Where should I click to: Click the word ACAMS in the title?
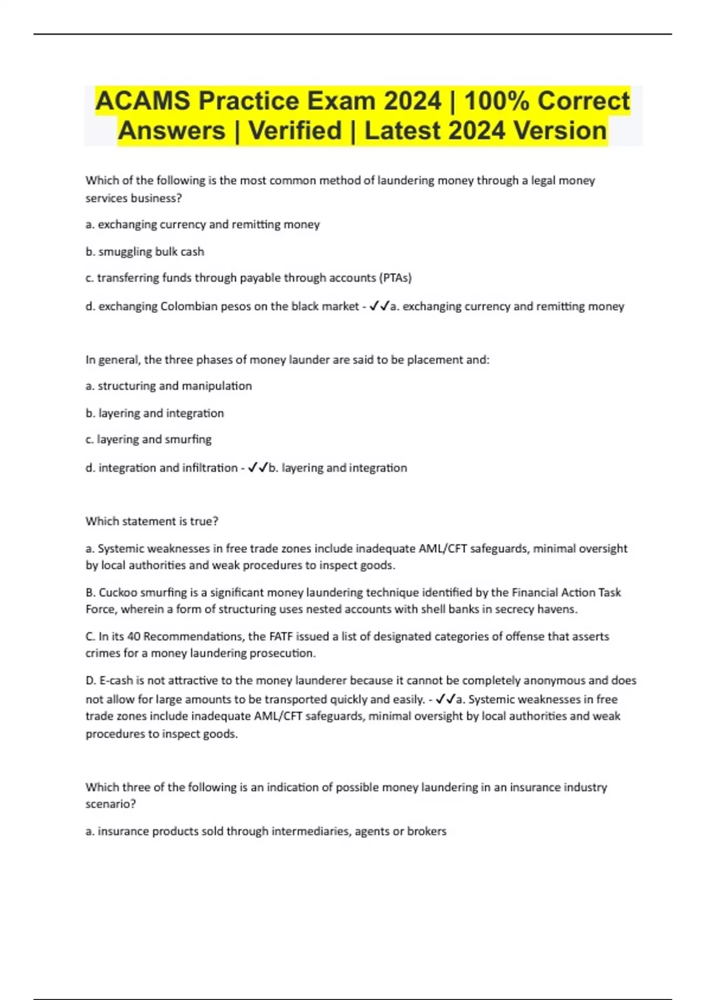pyautogui.click(x=143, y=101)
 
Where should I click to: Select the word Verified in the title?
pyautogui.click(x=295, y=131)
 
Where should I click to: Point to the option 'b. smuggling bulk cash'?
pyautogui.click(x=145, y=252)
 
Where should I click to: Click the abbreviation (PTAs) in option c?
pyautogui.click(x=395, y=278)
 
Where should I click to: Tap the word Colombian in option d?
pyautogui.click(x=189, y=306)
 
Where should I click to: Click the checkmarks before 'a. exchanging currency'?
pyautogui.click(x=379, y=306)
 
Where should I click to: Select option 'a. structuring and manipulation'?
pyautogui.click(x=168, y=386)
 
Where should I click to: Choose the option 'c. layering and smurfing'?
pyautogui.click(x=148, y=439)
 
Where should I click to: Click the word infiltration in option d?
pyautogui.click(x=209, y=468)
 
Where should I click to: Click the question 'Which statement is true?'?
pyautogui.click(x=152, y=521)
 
